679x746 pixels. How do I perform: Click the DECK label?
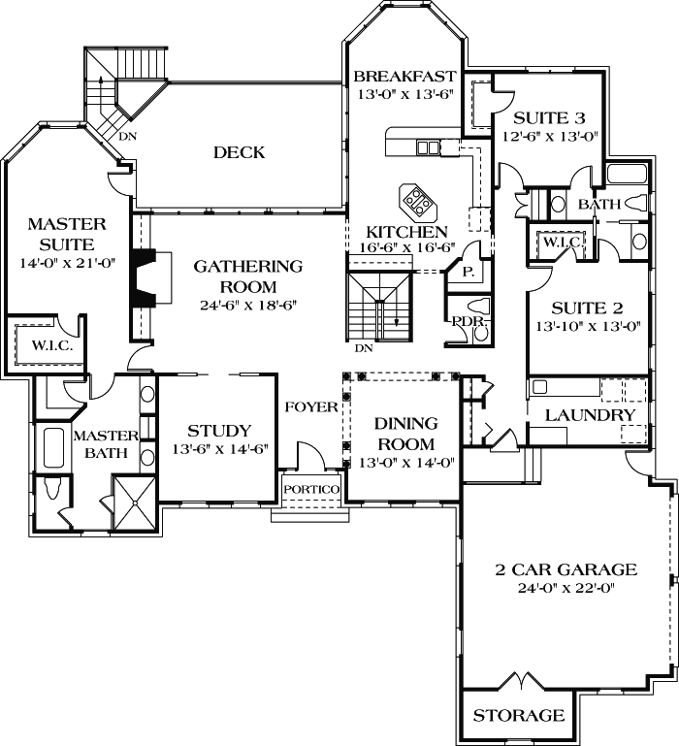(239, 152)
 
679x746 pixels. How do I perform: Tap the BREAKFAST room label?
(404, 77)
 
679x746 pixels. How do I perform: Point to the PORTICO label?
(310, 489)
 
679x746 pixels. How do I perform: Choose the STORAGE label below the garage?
(518, 716)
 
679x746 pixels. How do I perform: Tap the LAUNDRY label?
(589, 415)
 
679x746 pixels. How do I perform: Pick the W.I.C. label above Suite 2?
(560, 243)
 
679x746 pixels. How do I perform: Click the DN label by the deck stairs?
(127, 137)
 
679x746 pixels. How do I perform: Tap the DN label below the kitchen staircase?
(363, 348)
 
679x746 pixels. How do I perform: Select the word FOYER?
(310, 406)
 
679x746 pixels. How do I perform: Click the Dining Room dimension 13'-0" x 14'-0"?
(405, 462)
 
